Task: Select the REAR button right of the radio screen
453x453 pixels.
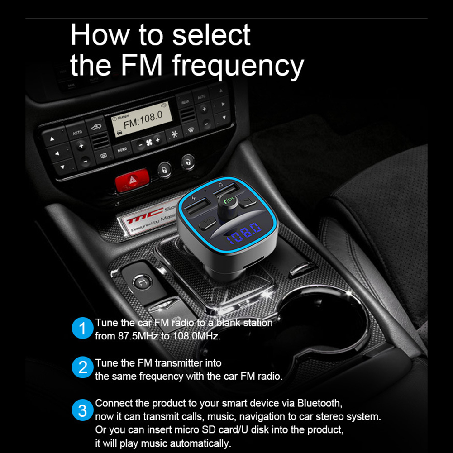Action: tap(186, 103)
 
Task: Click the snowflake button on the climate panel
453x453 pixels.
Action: tap(174, 134)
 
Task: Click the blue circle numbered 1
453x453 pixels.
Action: tap(82, 329)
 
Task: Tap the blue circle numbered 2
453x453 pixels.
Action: tap(82, 368)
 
